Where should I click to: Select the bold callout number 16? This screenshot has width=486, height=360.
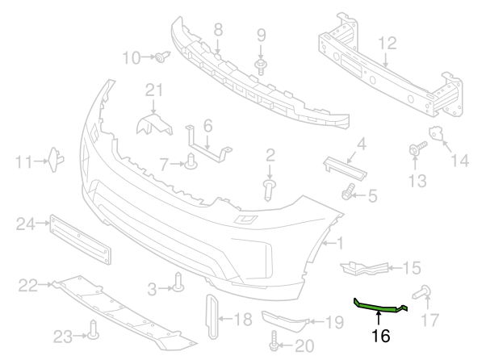(378, 333)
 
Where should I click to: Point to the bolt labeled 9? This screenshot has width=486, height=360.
(261, 65)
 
